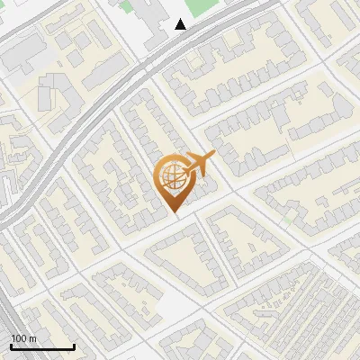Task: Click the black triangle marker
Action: coord(181,24)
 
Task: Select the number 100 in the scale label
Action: coord(20,338)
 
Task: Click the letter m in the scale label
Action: coord(33,338)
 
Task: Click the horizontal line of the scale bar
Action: coord(42,347)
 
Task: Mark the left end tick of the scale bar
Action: coord(11,346)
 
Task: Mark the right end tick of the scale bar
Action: coord(74,346)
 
